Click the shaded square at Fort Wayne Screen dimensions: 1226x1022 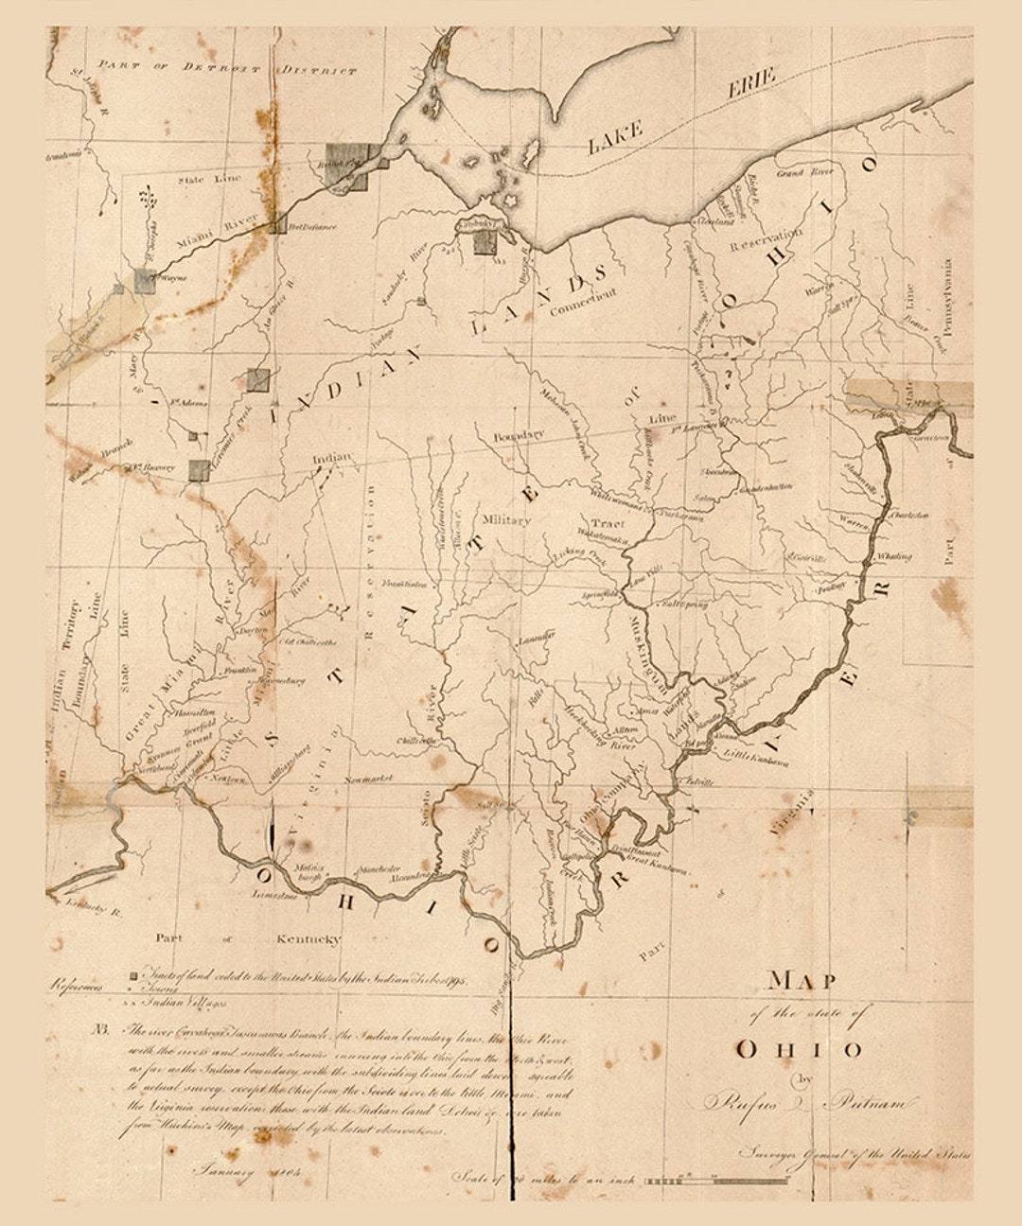[x=145, y=279]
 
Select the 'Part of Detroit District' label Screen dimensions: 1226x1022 [x=227, y=68]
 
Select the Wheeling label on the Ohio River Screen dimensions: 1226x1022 [x=893, y=556]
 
